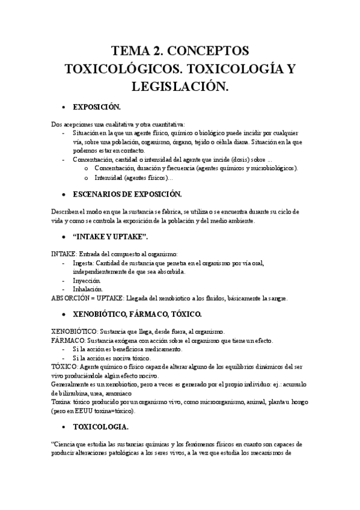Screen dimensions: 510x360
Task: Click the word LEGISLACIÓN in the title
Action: [180, 87]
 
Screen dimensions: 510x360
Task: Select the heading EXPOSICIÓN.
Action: [97, 108]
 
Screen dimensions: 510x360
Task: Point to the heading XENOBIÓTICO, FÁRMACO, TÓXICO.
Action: [137, 314]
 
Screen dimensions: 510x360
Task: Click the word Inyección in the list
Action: [87, 281]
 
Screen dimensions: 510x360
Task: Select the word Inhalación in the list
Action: [88, 289]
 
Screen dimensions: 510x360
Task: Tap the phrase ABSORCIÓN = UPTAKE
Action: [88, 298]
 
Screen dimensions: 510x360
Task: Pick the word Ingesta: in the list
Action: [85, 263]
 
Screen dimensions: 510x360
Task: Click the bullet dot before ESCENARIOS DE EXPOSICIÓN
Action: [64, 195]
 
